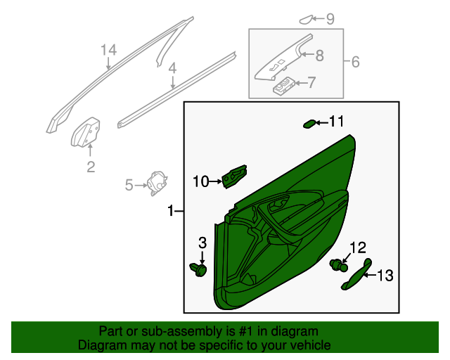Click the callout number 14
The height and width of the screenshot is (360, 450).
pos(108,50)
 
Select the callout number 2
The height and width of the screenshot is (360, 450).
pos(91,166)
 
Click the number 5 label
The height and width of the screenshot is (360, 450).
pos(129,185)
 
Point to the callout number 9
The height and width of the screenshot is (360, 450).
pos(330,18)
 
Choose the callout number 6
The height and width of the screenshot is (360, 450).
pos(355,63)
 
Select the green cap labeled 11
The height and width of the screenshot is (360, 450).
pos(309,124)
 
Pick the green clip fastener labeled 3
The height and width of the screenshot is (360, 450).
pos(199,269)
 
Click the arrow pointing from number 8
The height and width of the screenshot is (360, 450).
pos(304,54)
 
